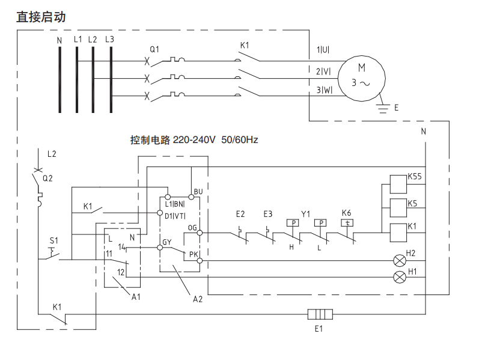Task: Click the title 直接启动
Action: [x=41, y=17]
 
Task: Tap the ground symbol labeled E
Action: [x=382, y=107]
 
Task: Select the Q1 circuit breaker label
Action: [x=154, y=49]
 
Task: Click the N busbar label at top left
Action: [x=59, y=40]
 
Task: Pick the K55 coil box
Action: [x=398, y=182]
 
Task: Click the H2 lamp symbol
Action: [x=398, y=261]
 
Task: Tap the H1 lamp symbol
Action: [x=398, y=276]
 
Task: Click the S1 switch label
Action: [x=53, y=241]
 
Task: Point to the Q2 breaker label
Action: [x=47, y=178]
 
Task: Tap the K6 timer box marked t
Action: [x=347, y=222]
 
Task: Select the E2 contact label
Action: [x=240, y=214]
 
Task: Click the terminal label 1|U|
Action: [x=323, y=50]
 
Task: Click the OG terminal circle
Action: [x=200, y=232]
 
